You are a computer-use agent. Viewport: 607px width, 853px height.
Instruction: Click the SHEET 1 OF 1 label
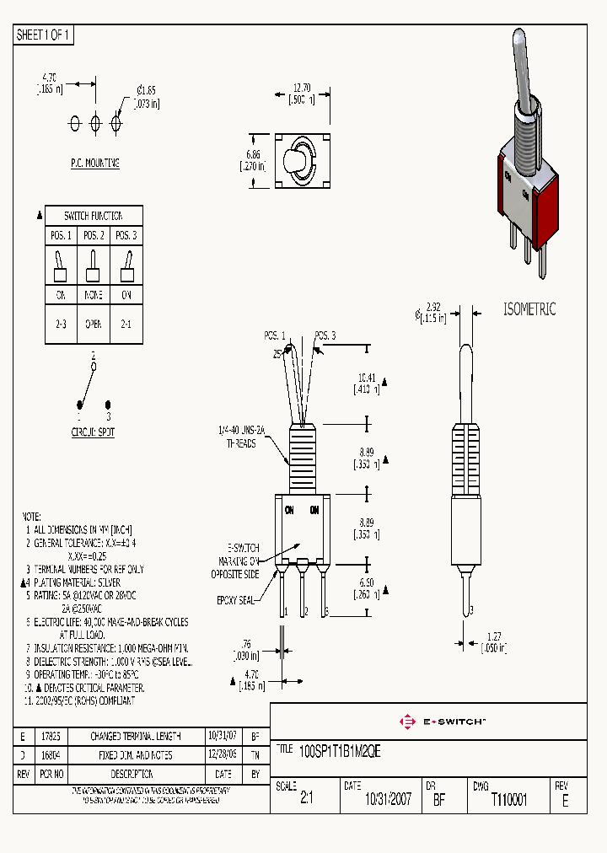coord(44,35)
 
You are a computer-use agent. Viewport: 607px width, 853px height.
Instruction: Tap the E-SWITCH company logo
coord(442,722)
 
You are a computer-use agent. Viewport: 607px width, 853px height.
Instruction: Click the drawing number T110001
coord(508,800)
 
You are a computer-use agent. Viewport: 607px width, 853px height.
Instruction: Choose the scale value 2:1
coord(306,800)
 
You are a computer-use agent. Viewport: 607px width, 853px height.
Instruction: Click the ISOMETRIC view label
coord(529,309)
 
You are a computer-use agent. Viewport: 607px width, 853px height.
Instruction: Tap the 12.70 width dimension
coord(303,87)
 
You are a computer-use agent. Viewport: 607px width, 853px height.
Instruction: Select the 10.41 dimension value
coord(366,378)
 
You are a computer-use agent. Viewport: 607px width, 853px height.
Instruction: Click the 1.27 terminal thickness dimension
coord(495,636)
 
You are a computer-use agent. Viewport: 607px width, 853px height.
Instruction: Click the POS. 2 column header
coord(94,234)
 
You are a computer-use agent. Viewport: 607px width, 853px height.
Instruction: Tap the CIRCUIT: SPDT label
coord(93,432)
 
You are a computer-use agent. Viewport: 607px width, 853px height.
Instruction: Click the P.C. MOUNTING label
coord(94,163)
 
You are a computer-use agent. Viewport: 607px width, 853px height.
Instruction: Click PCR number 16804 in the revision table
coord(54,755)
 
